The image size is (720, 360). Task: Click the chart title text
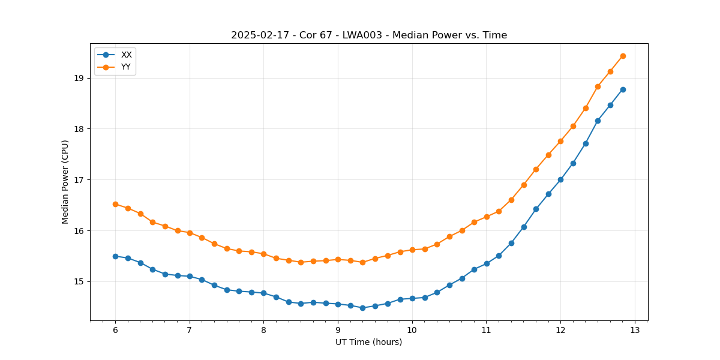(369, 35)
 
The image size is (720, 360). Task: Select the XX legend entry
(126, 55)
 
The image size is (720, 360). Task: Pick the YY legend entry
(126, 67)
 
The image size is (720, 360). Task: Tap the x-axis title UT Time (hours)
(369, 342)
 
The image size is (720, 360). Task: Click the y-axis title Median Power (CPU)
(65, 182)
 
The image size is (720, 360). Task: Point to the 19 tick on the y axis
(79, 78)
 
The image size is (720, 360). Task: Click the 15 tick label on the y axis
(79, 281)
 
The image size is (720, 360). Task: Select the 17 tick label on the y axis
(79, 180)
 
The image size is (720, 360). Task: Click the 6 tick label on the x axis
(115, 330)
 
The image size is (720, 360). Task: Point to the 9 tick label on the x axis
(338, 330)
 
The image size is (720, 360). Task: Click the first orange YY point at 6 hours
(115, 204)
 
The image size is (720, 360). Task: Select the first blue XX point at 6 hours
(115, 256)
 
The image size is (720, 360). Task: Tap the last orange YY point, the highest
(623, 56)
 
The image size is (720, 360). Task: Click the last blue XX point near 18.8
(623, 89)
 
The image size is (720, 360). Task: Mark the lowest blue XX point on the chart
(362, 308)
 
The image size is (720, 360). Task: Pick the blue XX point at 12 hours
(560, 179)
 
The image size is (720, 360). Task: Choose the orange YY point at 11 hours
(487, 217)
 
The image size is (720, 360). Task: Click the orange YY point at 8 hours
(263, 254)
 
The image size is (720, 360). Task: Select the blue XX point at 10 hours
(412, 298)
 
